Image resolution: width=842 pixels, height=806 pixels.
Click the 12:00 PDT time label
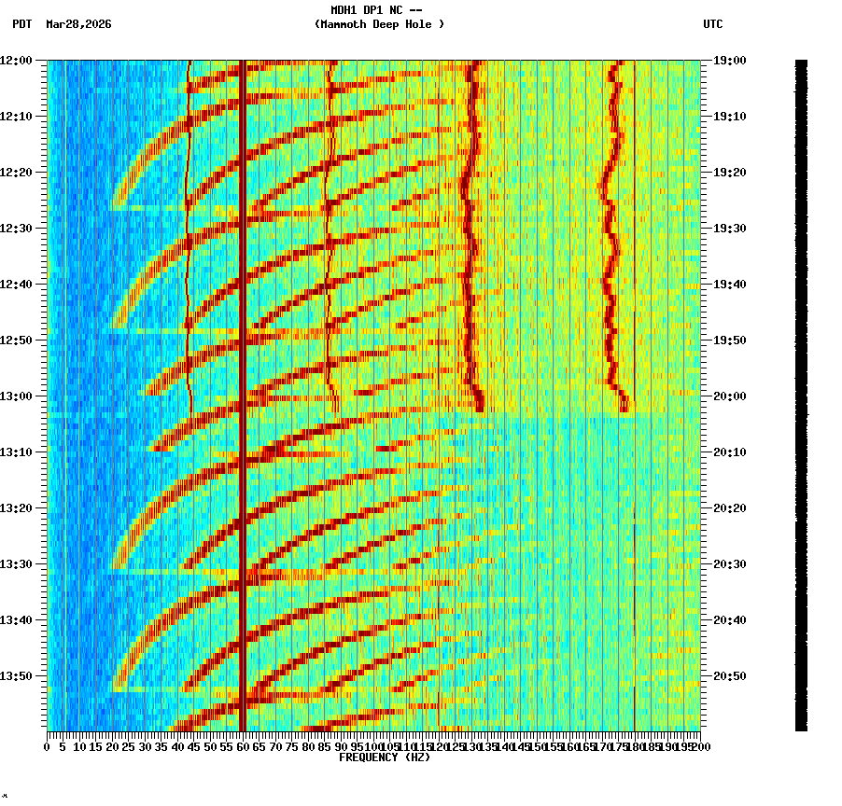click(x=16, y=61)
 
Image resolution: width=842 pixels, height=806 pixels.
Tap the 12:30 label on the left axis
click(x=16, y=229)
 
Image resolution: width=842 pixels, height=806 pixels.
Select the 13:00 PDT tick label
click(x=16, y=396)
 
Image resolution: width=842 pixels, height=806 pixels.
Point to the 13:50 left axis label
click(x=16, y=676)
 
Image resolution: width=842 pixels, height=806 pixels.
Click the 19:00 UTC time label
click(x=730, y=61)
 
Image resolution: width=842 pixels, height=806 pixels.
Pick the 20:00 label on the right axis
click(x=730, y=396)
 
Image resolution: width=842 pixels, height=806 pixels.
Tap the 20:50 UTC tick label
click(x=730, y=676)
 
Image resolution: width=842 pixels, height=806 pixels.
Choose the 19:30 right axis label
click(x=730, y=229)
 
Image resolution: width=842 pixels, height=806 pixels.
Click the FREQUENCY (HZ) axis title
click(x=385, y=757)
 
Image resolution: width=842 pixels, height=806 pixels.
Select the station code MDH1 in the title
click(x=344, y=10)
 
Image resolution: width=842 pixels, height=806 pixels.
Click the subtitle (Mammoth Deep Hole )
click(x=379, y=24)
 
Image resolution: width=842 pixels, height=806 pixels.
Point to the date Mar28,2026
click(x=78, y=24)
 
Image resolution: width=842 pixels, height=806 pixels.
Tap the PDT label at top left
click(x=21, y=24)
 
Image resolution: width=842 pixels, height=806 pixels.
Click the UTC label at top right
click(x=713, y=24)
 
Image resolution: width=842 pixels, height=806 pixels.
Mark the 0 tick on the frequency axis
click(x=48, y=746)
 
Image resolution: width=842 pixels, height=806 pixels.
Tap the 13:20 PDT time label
click(x=16, y=508)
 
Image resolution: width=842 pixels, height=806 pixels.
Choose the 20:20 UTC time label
click(x=730, y=508)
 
